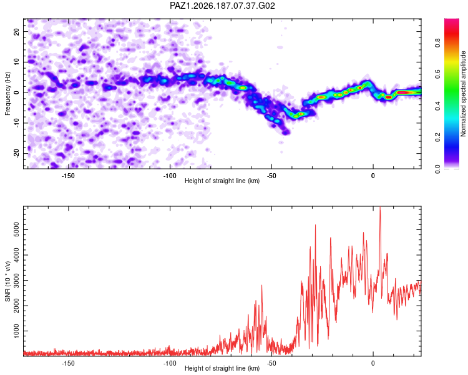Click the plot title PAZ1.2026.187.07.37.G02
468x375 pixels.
pyautogui.click(x=222, y=6)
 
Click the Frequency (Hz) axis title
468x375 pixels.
pyautogui.click(x=7, y=94)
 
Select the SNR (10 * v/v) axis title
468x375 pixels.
pyautogui.click(x=7, y=281)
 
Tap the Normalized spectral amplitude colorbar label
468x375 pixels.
pyautogui.click(x=463, y=94)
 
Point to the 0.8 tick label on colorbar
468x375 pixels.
pyautogui.click(x=437, y=43)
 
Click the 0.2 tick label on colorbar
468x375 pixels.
pyautogui.click(x=437, y=137)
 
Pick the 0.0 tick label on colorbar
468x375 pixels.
pyautogui.click(x=437, y=169)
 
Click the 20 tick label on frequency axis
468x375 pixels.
pyautogui.click(x=16, y=31)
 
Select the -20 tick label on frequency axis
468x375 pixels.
pyautogui.click(x=16, y=154)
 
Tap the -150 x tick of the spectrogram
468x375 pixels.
pyautogui.click(x=68, y=176)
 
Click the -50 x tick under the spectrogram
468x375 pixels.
pyautogui.click(x=271, y=176)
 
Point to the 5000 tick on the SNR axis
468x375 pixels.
pyautogui.click(x=16, y=229)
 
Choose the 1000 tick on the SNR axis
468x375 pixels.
pyautogui.click(x=16, y=331)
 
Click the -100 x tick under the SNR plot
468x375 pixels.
pyautogui.click(x=170, y=363)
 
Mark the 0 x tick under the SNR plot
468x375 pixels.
pyautogui.click(x=373, y=363)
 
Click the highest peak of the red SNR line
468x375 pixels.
pyautogui.click(x=380, y=207)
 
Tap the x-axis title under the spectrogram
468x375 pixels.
pyautogui.click(x=222, y=181)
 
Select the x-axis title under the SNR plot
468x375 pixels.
pyautogui.click(x=222, y=368)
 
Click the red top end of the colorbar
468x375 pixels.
pyautogui.click(x=452, y=20)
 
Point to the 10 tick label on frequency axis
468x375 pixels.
pyautogui.click(x=16, y=62)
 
